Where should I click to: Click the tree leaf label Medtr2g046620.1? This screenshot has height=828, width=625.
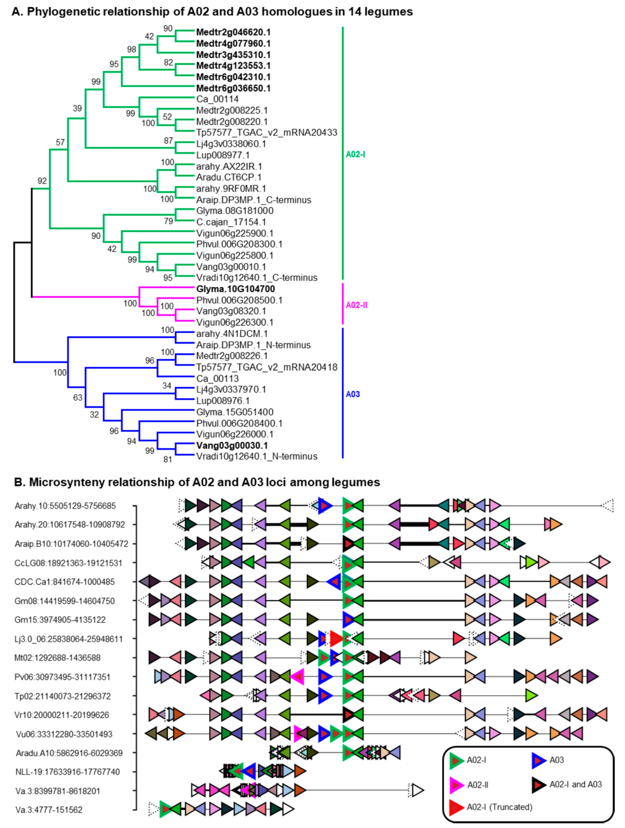pos(233,32)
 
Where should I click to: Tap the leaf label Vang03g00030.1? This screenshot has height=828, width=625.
pos(232,446)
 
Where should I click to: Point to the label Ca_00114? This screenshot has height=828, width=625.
pos(217,99)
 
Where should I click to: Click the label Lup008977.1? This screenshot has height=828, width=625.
pos(223,155)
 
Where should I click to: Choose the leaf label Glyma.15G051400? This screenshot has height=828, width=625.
pos(235,412)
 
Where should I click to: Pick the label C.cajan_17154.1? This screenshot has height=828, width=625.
pos(231,222)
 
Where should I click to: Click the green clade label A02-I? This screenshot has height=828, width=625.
pos(355,154)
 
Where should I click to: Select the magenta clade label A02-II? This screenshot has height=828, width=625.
pos(356,305)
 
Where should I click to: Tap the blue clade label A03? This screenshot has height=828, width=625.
pos(353,394)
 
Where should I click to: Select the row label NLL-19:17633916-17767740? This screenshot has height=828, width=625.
pos(68,772)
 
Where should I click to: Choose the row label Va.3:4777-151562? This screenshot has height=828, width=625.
pos(49,810)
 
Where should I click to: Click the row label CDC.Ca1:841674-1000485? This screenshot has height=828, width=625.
pos(65,582)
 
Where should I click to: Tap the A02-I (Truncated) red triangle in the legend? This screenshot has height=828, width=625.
pos(457,807)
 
